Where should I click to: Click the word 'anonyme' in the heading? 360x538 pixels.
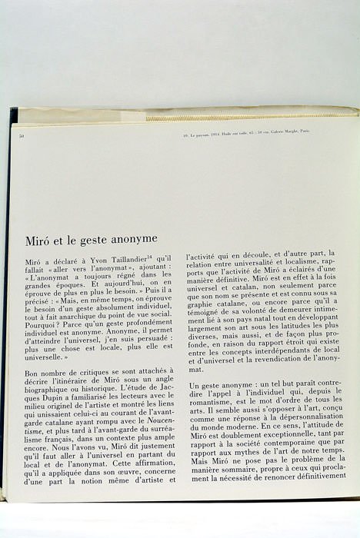pos(131,239)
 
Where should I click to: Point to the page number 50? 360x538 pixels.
pos(22,135)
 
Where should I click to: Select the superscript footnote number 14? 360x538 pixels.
pos(152,260)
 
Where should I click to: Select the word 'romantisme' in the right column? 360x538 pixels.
pos(214,400)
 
